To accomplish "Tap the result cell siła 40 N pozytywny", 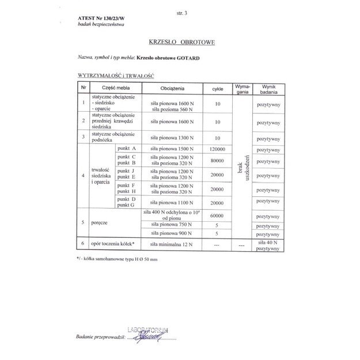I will pos(268,245).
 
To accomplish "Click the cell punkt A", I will pos(126,149).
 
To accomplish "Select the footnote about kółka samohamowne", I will pos(116,259).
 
